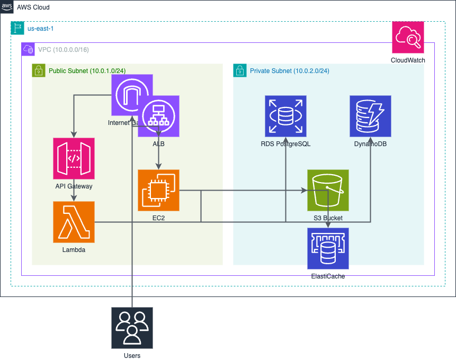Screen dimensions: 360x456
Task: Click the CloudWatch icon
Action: pos(408,38)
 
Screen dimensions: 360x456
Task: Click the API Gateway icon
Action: pos(74,158)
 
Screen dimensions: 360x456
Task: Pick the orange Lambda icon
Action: pos(74,222)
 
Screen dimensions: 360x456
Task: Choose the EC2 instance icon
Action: pos(158,190)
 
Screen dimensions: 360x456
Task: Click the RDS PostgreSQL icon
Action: pos(285,116)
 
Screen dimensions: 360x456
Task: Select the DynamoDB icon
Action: pos(370,116)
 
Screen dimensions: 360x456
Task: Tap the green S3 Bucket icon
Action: pos(328,190)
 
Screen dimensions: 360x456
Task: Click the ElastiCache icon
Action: pos(328,248)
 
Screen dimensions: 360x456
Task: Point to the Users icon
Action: pos(132,328)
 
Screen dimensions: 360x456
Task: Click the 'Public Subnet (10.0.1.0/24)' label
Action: pos(87,70)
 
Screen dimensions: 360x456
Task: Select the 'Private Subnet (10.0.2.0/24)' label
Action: pos(289,70)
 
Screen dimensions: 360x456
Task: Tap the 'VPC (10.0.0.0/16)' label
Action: pos(63,50)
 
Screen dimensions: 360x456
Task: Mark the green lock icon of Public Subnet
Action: pos(38,70)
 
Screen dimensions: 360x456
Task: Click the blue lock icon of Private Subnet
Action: pos(239,70)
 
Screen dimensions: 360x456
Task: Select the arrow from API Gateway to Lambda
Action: pos(74,195)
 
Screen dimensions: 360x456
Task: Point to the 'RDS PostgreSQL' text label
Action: pos(285,143)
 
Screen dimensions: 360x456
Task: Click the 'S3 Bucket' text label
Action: pos(328,218)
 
